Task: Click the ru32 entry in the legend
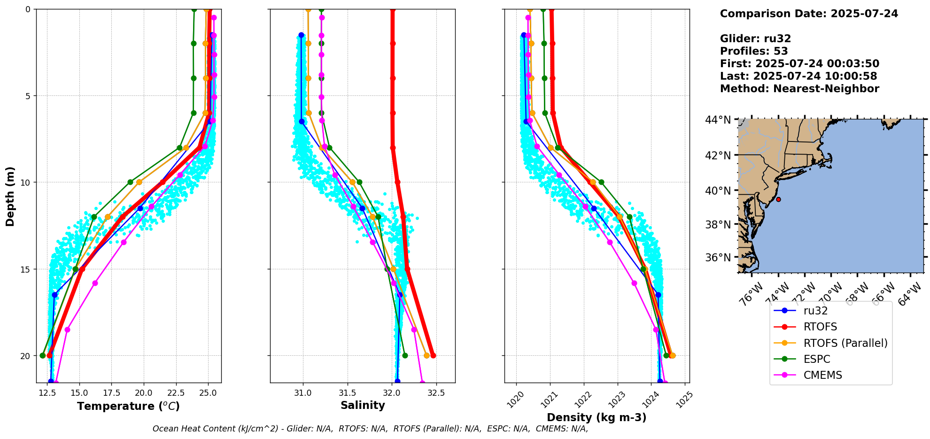pos(815,311)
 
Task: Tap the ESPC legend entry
pos(817,359)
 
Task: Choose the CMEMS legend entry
pos(822,375)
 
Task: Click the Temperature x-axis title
pos(128,406)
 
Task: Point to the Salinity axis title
pos(363,405)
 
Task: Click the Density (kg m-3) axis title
pos(597,417)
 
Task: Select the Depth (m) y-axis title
pos(10,196)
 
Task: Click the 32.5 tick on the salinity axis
pos(436,392)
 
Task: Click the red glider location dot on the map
pos(778,199)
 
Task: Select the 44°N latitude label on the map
pos(718,120)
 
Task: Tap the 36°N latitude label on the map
pos(718,258)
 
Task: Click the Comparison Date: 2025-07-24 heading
pos(809,14)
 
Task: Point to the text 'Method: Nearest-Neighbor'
pos(799,89)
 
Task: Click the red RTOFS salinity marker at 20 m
pos(433,355)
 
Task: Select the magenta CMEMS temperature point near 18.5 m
pos(67,330)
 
